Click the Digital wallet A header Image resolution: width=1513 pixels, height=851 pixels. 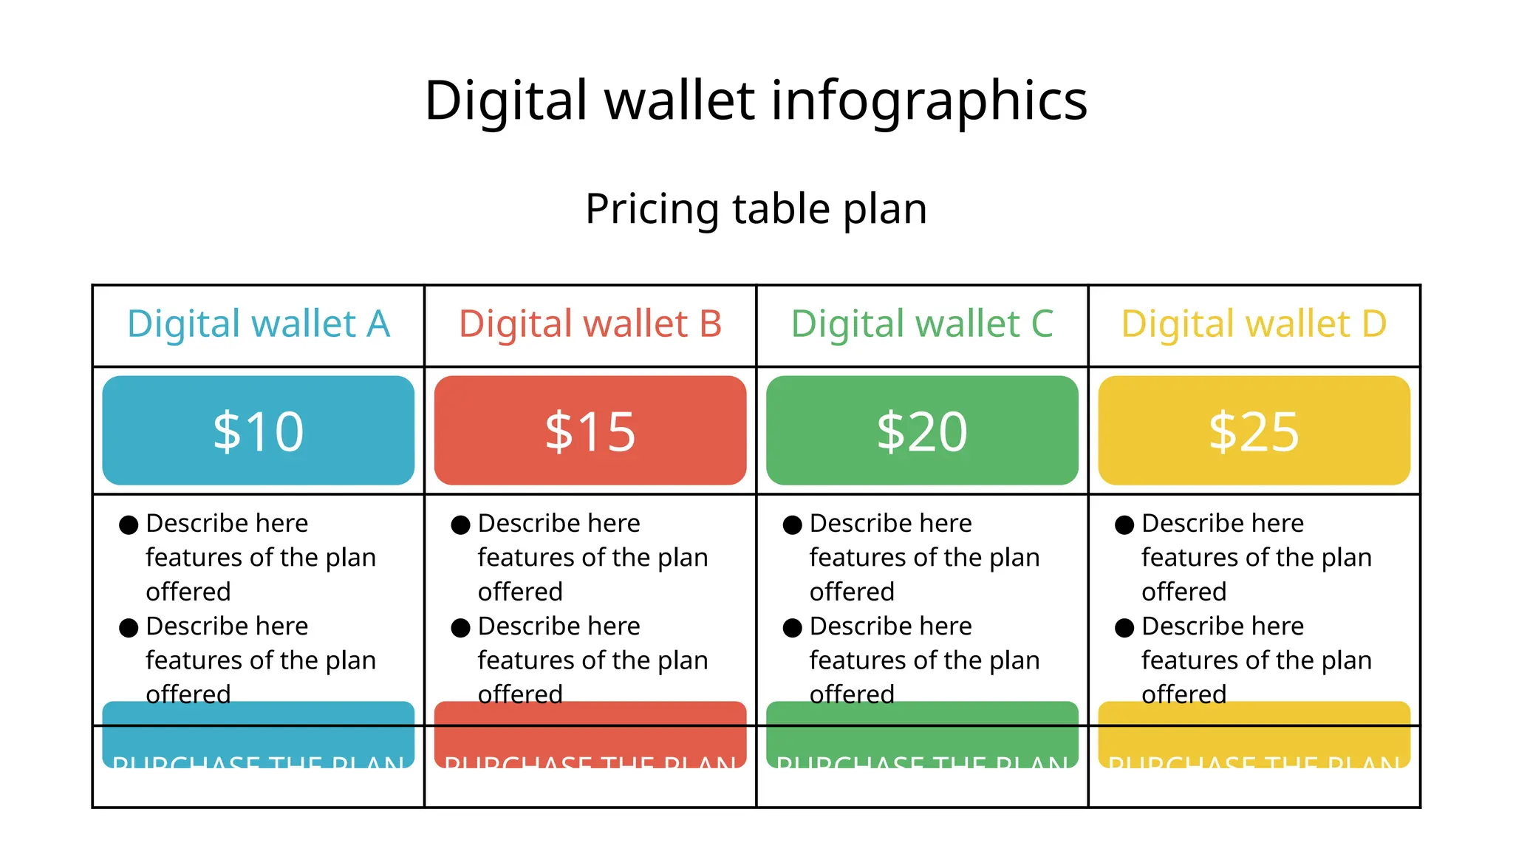pyautogui.click(x=258, y=324)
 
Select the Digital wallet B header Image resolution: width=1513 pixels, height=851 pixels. pyautogui.click(x=590, y=324)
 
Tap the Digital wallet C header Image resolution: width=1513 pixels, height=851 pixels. pyautogui.click(x=922, y=324)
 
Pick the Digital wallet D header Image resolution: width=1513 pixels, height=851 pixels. pyautogui.click(x=1254, y=324)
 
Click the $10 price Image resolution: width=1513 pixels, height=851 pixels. pyautogui.click(x=258, y=431)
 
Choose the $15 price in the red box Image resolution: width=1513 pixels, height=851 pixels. pyautogui.click(x=590, y=431)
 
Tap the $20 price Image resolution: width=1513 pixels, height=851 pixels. pyautogui.click(x=922, y=431)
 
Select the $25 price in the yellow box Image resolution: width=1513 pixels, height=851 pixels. pyautogui.click(x=1254, y=431)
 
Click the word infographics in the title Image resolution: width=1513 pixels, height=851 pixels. pyautogui.click(x=929, y=101)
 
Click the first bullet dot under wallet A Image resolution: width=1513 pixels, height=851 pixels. pyautogui.click(x=129, y=525)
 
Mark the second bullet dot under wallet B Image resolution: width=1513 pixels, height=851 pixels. pyautogui.click(x=460, y=628)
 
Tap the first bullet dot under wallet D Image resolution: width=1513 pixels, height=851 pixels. pyautogui.click(x=1124, y=525)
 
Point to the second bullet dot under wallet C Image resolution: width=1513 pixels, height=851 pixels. pyautogui.click(x=792, y=628)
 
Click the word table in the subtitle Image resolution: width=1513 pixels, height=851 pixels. pyautogui.click(x=780, y=209)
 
